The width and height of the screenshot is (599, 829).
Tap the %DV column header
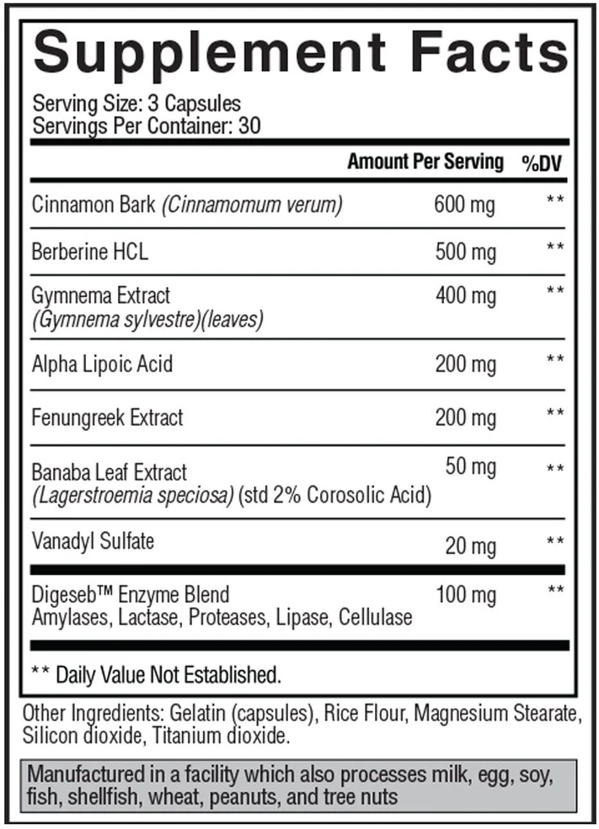(x=542, y=163)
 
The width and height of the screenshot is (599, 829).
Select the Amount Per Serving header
(x=425, y=162)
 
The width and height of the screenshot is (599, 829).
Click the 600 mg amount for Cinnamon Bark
(x=465, y=205)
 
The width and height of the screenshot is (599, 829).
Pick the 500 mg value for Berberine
(x=465, y=251)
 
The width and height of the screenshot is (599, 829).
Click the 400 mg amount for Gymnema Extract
(x=465, y=295)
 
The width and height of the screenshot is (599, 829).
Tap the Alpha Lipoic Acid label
(x=102, y=364)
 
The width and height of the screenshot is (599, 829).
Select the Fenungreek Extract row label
(x=107, y=417)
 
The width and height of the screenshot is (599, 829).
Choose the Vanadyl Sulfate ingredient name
(x=93, y=540)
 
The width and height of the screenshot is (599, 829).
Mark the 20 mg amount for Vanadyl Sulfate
(x=470, y=546)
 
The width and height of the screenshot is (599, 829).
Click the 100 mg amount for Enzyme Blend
(x=465, y=596)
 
